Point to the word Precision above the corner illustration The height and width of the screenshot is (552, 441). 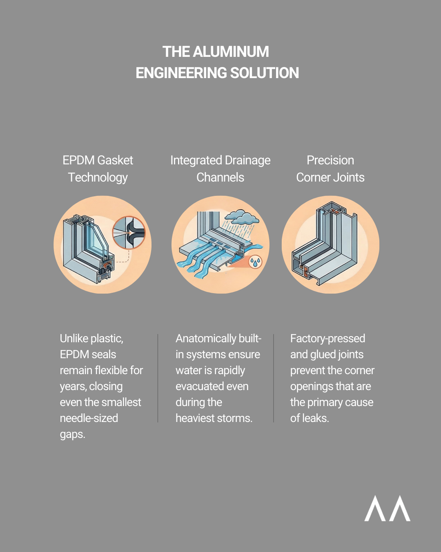(330, 160)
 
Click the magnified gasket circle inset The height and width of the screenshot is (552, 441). (129, 233)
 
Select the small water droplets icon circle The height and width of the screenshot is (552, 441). (256, 262)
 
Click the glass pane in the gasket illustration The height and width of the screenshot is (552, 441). (95, 239)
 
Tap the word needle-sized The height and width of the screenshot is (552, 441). (89, 418)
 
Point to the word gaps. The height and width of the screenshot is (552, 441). (72, 434)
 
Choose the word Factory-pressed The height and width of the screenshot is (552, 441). (327, 339)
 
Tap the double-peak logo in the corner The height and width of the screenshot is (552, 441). (387, 509)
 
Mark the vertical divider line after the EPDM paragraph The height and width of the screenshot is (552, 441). (158, 378)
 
